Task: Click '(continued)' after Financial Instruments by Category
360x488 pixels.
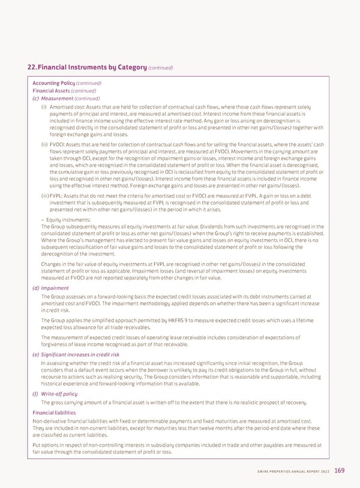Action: (160, 68)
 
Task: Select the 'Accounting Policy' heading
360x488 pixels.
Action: (53, 83)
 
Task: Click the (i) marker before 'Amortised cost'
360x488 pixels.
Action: (44, 106)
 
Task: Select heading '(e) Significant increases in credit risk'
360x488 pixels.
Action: (80, 355)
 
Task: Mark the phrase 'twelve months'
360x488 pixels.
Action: (229, 428)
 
